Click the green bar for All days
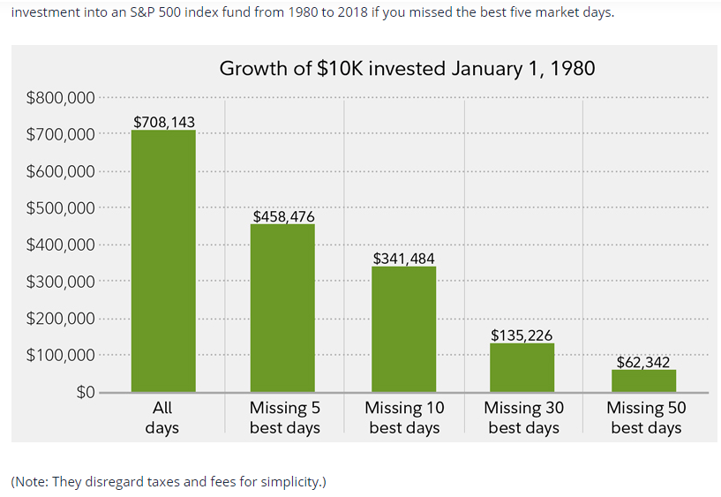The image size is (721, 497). coord(163,261)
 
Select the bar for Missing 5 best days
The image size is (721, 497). coord(282,308)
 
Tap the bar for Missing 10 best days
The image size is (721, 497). coord(403,329)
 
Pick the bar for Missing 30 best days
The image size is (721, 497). coord(522,367)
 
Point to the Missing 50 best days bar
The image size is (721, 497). coord(643,380)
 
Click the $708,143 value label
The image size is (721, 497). coord(163,121)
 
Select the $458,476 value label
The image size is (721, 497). coord(283,215)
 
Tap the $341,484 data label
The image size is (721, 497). coord(403,258)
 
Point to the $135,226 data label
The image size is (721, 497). coord(522,335)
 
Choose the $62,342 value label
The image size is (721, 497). coord(643,362)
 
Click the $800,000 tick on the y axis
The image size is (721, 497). coord(60,98)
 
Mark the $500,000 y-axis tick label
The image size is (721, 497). coord(60,208)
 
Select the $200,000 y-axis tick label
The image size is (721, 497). coord(60,319)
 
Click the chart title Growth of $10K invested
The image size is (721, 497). coord(407,68)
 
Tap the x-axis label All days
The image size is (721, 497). coord(161,418)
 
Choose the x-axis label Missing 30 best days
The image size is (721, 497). coord(523,418)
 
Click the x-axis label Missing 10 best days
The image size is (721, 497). coord(404,418)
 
